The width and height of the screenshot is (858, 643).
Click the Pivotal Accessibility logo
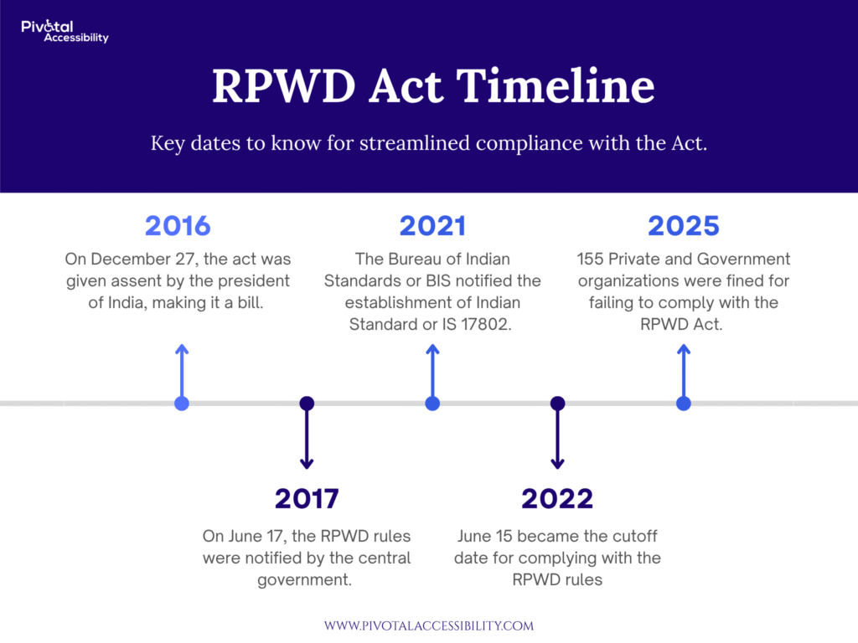pos(65,31)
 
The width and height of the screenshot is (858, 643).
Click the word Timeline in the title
pos(556,85)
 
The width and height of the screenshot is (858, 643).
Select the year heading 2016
pos(178,226)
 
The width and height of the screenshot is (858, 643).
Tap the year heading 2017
pos(307,498)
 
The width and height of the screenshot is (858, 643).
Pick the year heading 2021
pos(432,226)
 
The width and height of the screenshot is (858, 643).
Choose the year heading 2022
pos(557,498)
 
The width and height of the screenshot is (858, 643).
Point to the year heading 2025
pos(684,226)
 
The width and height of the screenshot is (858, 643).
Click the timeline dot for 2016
pos(182,404)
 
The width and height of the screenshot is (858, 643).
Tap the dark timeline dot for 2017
pos(307,404)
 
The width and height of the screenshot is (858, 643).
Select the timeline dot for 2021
pos(432,404)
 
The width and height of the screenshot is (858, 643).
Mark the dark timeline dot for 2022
pos(557,404)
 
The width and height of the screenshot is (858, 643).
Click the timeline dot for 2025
pos(684,404)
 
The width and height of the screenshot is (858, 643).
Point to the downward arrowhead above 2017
pos(307,465)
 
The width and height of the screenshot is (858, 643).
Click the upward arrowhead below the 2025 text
pos(684,349)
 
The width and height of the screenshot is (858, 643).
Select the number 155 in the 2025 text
pos(590,259)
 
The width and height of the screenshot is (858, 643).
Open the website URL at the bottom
pos(429,625)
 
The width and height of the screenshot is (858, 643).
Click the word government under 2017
pos(304,580)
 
